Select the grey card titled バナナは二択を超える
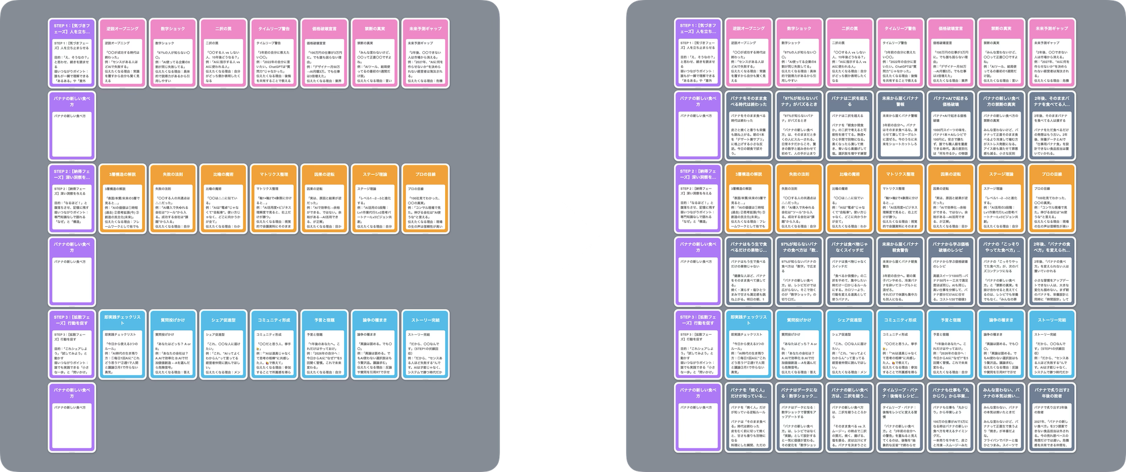tap(850, 125)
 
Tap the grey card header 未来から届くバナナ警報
tap(900, 125)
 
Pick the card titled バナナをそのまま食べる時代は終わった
tap(748, 125)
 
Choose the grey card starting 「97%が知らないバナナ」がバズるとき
tap(799, 125)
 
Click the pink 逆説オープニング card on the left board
tap(122, 53)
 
